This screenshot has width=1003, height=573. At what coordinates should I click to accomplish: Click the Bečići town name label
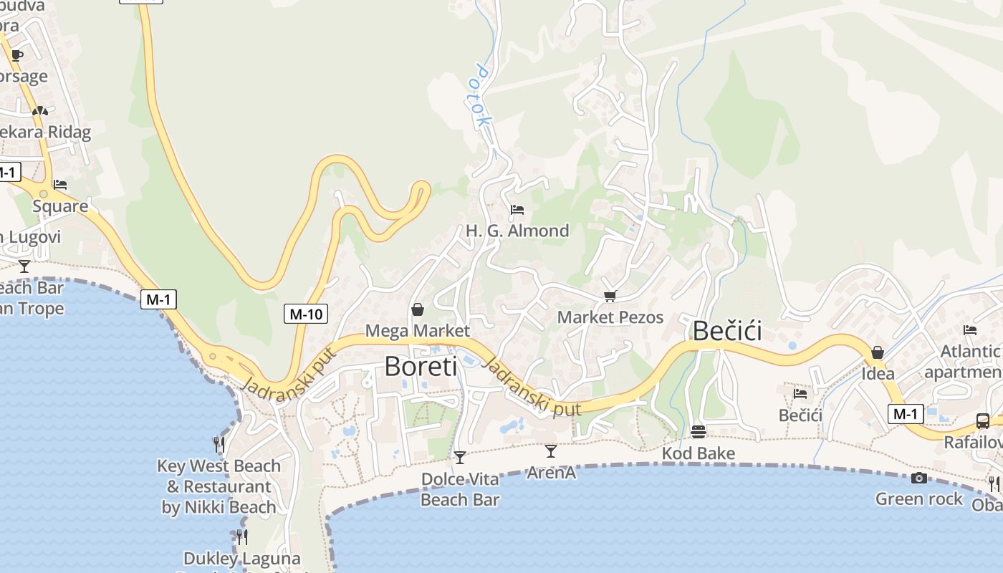[x=726, y=331]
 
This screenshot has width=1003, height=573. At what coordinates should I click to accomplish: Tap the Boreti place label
[x=421, y=366]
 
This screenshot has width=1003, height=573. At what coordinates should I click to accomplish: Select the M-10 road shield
[x=306, y=313]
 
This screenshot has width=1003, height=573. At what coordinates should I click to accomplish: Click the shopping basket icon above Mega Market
[x=418, y=309]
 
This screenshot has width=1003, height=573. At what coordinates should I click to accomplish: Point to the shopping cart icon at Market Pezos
[x=610, y=296]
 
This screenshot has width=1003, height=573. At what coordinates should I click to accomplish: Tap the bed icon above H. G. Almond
[x=517, y=210]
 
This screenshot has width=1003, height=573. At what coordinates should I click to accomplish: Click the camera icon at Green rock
[x=918, y=478]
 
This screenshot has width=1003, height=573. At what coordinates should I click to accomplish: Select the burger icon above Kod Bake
[x=699, y=432]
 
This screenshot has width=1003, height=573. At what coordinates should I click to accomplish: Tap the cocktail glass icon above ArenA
[x=550, y=451]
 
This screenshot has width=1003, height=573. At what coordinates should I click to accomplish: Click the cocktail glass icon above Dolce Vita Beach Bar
[x=460, y=457]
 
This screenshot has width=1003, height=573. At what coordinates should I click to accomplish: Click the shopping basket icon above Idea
[x=877, y=352]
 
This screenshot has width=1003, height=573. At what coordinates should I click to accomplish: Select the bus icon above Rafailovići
[x=983, y=421]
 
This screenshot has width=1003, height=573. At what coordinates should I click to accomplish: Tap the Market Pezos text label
[x=610, y=317]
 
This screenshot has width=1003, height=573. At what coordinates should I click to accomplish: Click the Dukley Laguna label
[x=242, y=559]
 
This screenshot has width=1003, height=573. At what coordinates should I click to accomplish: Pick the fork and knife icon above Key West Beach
[x=219, y=445]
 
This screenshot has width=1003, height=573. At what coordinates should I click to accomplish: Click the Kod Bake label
[x=699, y=453]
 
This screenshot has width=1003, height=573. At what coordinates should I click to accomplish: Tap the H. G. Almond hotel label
[x=517, y=231]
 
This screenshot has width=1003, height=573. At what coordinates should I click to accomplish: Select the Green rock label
[x=919, y=499]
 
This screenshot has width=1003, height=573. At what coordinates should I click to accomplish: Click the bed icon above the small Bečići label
[x=800, y=393]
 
